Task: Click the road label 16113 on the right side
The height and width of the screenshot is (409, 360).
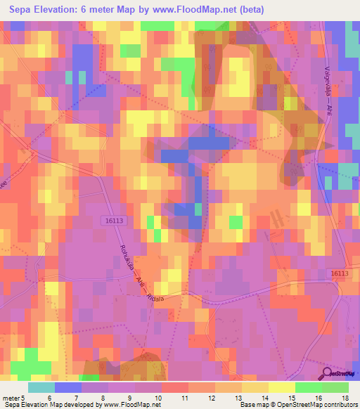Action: tap(339, 273)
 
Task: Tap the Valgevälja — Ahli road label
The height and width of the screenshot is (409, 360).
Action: tap(328, 98)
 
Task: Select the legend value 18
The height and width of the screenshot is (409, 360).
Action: tap(348, 397)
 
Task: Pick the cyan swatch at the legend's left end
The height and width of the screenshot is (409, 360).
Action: tap(41, 387)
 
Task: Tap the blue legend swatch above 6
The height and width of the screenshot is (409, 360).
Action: tap(68, 387)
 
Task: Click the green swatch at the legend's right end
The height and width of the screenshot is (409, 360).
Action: tap(335, 387)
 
